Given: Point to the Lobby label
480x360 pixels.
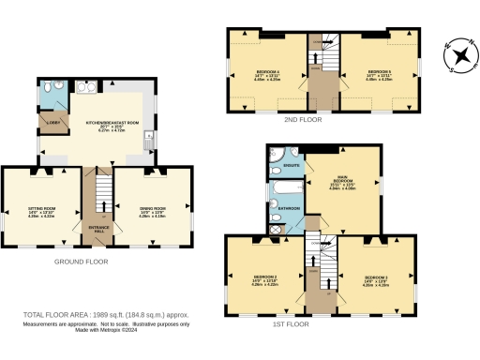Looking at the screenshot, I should (53, 123).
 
